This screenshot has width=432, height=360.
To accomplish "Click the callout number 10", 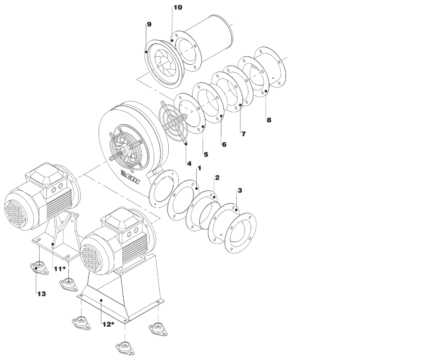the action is click(x=178, y=8).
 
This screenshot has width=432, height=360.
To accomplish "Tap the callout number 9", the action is click(x=149, y=24).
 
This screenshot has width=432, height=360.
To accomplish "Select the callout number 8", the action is click(x=269, y=120).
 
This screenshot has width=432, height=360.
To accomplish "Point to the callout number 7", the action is click(x=243, y=134).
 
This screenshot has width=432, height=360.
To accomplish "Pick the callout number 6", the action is click(x=224, y=144).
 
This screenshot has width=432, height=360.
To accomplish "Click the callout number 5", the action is click(x=206, y=154).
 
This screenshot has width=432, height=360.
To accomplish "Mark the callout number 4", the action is click(x=189, y=164).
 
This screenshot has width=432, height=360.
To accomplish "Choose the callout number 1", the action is click(x=199, y=168).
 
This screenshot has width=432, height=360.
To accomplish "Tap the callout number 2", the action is click(x=217, y=178).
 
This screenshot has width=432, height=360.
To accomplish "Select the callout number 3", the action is click(x=240, y=190).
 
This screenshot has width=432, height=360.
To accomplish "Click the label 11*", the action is click(x=60, y=269).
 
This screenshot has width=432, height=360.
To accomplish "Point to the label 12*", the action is click(x=108, y=324).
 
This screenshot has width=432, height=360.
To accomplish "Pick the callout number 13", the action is click(x=41, y=294).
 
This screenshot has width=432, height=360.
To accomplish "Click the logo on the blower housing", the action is click(x=131, y=177).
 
